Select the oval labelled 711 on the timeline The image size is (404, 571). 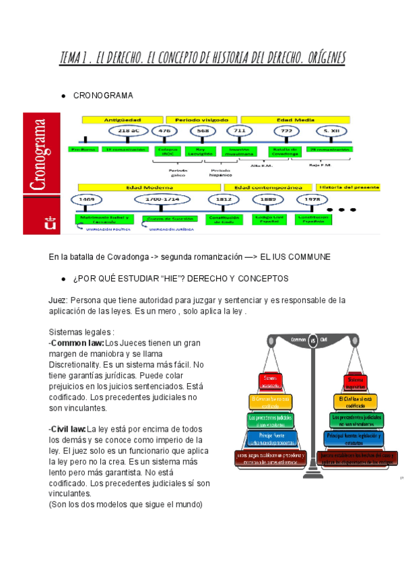[239, 131]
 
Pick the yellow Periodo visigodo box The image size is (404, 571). [199, 119]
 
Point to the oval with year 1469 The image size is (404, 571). [90, 200]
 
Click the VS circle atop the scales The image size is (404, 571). [312, 339]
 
